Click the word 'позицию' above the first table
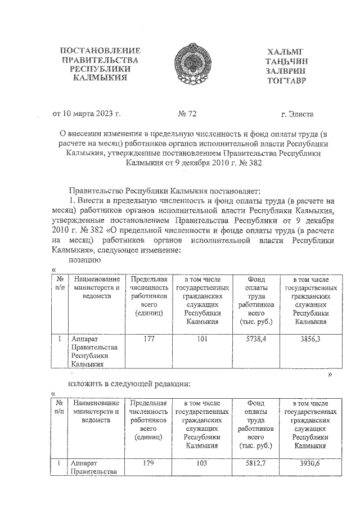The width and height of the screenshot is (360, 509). [84, 260]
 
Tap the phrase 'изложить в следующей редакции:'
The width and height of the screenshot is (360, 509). [129, 384]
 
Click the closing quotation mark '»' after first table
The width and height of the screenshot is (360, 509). [330, 374]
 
